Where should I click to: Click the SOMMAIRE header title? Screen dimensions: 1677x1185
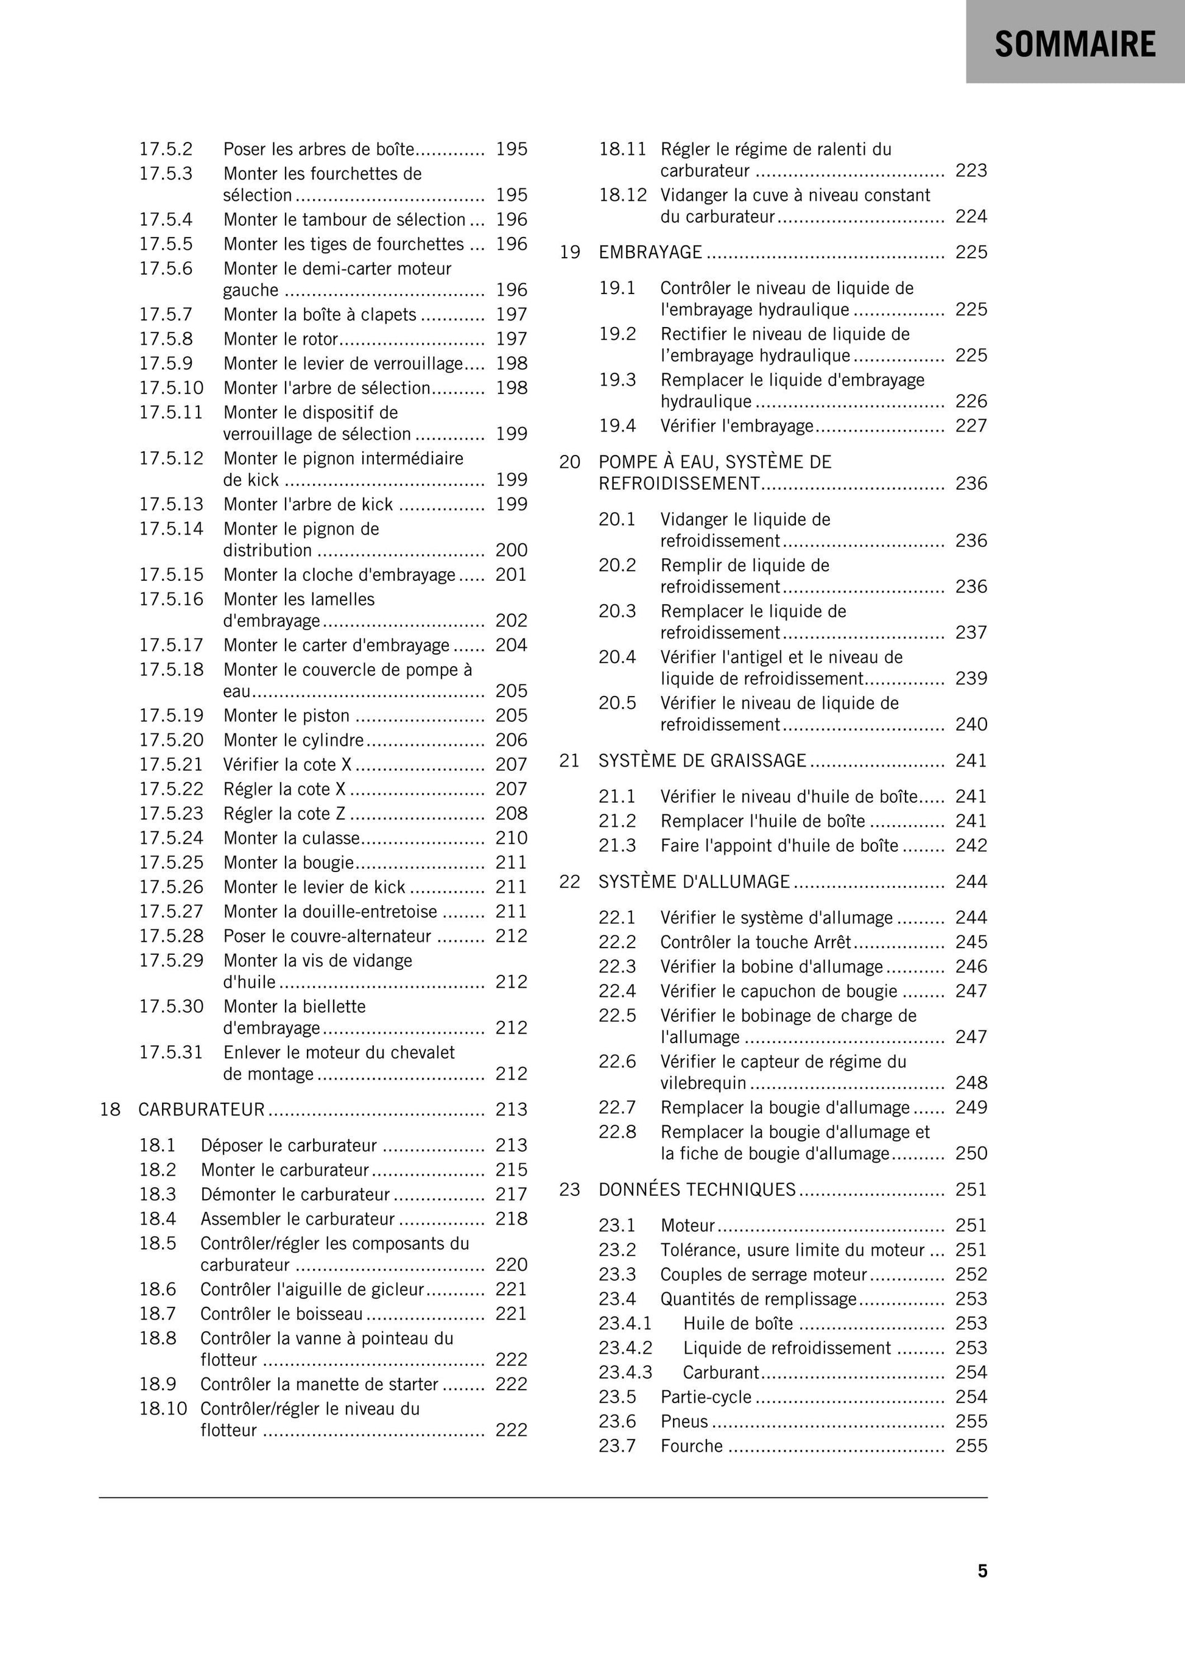(1075, 44)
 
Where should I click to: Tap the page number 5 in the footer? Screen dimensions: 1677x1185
(982, 1570)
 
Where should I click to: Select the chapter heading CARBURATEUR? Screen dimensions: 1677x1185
(201, 1109)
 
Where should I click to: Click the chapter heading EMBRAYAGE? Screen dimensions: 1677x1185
(650, 252)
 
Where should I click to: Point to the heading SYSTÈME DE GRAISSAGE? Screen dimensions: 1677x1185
(702, 761)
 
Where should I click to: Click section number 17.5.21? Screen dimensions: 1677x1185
(171, 765)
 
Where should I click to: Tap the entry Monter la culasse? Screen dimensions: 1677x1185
(292, 838)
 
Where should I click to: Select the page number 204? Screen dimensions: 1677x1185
(512, 645)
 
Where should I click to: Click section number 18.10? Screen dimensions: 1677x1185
(163, 1408)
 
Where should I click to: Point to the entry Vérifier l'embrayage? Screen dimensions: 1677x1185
(736, 426)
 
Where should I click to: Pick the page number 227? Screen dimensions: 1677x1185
(971, 426)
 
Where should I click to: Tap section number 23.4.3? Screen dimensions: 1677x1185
(625, 1372)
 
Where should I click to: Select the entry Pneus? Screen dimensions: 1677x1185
(684, 1421)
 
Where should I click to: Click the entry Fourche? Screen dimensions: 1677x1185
(692, 1446)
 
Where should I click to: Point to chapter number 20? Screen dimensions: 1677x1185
(570, 462)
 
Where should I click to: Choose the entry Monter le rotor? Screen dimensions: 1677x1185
(281, 339)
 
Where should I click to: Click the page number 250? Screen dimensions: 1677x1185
(971, 1153)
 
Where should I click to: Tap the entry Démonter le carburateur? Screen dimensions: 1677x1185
(295, 1194)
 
